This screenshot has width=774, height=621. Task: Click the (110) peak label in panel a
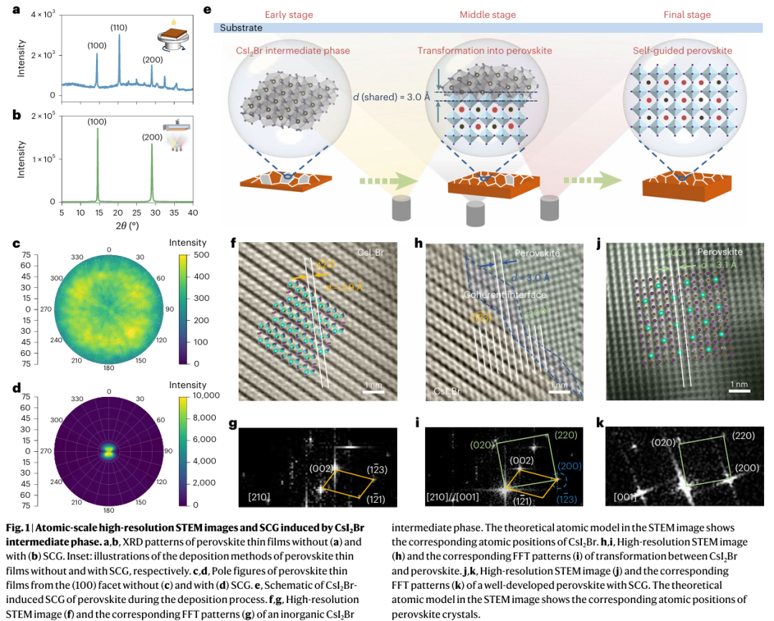[x=120, y=27]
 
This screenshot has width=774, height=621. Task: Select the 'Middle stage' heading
[x=487, y=14]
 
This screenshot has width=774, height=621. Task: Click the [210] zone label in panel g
[x=259, y=496]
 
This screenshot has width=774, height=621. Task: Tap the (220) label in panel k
[x=746, y=435]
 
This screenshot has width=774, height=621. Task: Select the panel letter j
[x=598, y=244]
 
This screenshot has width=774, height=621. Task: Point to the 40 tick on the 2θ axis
[x=193, y=213]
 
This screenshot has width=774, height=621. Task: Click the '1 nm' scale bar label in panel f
[x=374, y=385]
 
